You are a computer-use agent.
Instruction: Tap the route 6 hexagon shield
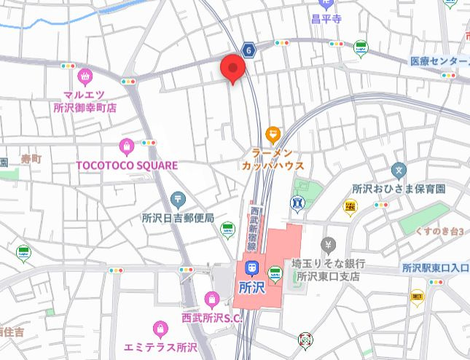(249, 50)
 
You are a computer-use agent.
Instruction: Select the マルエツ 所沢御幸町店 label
(85, 101)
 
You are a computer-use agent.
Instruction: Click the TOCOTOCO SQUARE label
(127, 165)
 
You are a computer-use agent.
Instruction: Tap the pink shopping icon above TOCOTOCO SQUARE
(128, 146)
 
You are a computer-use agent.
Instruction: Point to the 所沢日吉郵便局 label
(178, 217)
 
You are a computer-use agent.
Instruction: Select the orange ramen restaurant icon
(273, 133)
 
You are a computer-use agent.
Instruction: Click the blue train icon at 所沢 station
(252, 269)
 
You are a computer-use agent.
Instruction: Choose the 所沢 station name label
(252, 286)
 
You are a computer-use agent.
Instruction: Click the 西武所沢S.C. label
(211, 317)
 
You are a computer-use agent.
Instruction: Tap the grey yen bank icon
(329, 243)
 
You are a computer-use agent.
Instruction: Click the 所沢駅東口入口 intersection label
(435, 268)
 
